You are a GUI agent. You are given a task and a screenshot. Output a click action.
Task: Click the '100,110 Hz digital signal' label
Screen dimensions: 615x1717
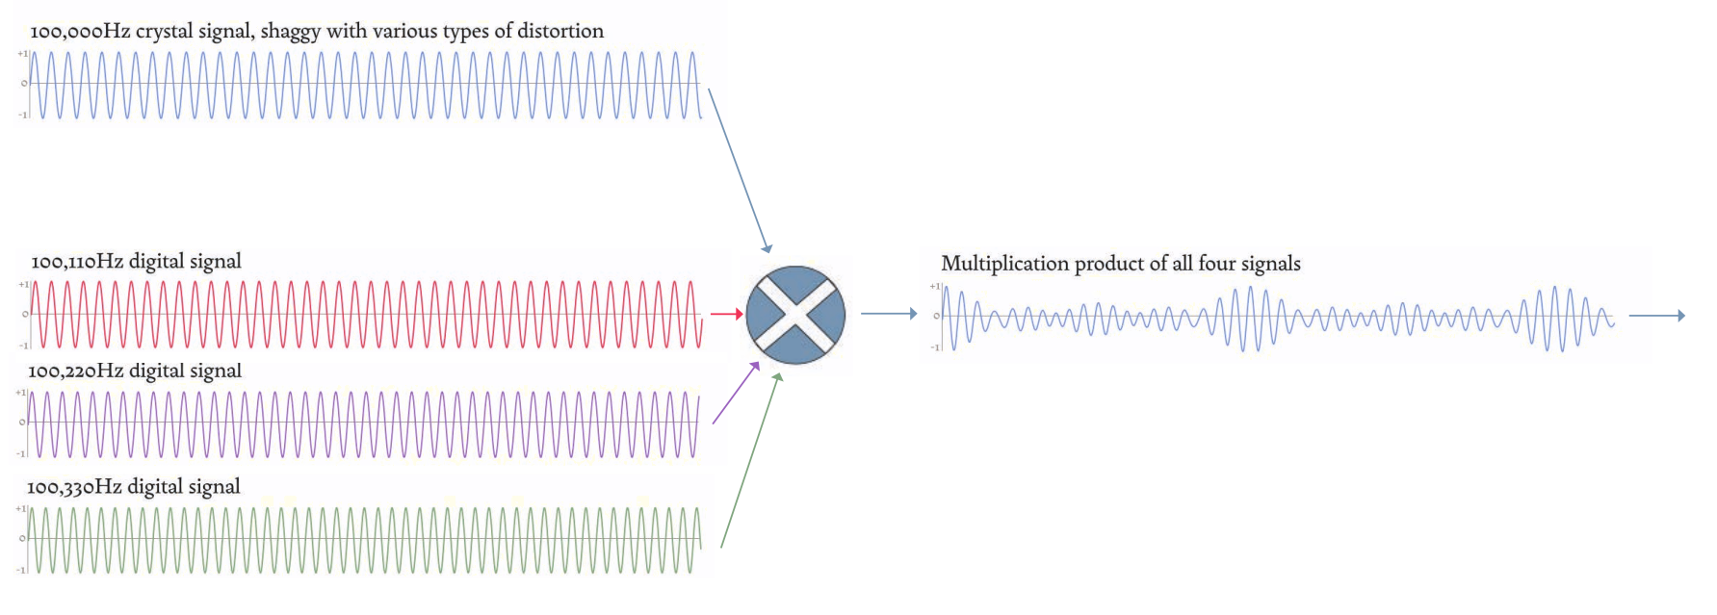136,261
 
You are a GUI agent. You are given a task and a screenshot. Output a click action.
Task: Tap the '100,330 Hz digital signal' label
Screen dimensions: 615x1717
135,488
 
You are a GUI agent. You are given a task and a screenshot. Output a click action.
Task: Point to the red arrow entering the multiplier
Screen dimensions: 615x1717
726,314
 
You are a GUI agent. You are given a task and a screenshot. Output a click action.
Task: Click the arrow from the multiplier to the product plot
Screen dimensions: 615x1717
888,314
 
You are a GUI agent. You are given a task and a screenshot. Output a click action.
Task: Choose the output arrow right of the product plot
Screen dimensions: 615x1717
1657,315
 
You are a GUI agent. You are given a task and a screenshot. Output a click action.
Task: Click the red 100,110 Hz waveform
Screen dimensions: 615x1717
366,314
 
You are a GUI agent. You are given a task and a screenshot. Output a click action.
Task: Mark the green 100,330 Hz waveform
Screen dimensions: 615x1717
366,539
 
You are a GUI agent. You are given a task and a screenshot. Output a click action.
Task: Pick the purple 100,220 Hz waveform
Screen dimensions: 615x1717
366,423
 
